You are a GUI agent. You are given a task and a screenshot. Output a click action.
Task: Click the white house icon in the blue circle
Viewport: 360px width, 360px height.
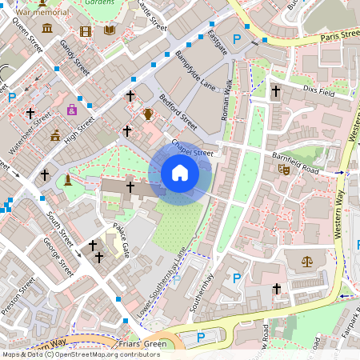pos(180,173)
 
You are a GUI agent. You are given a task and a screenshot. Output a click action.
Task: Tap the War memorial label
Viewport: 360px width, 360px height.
pos(41,13)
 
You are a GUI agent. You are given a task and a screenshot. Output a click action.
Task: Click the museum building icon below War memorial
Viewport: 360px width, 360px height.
pos(47,29)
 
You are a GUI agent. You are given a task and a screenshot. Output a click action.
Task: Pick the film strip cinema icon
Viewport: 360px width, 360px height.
pos(86,31)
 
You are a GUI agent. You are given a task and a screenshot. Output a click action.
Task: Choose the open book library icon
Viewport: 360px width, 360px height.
pos(108,30)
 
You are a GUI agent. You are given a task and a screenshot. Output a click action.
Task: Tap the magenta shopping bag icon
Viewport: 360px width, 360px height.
pos(73,110)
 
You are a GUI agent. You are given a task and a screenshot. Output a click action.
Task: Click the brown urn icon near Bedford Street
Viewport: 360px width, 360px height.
pos(148,114)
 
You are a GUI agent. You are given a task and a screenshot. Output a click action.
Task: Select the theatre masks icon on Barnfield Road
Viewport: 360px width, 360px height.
pos(282,169)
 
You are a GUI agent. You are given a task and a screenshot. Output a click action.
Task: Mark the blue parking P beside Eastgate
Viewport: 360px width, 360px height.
pos(236,39)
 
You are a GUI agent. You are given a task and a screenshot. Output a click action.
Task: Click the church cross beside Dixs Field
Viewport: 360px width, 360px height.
pos(275,92)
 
